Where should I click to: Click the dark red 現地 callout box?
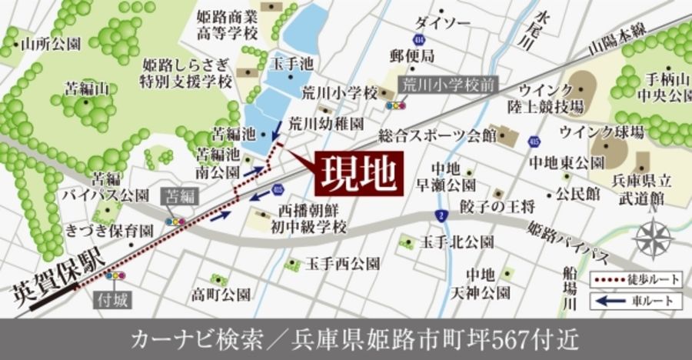coord(358,174)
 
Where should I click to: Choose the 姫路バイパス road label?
coord(570,240)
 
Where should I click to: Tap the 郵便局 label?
coord(411,55)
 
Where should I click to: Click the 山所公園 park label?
coord(52,44)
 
